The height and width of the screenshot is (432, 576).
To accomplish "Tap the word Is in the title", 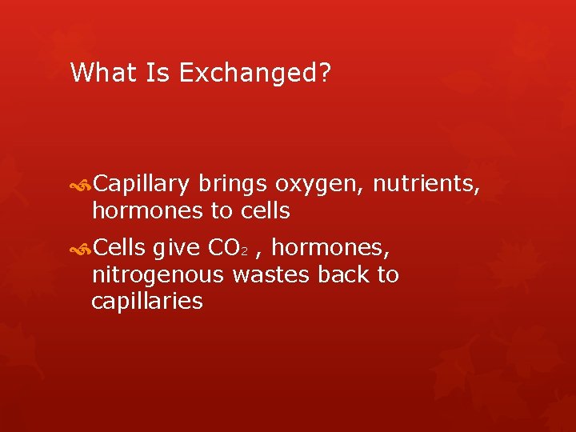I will click(x=158, y=73).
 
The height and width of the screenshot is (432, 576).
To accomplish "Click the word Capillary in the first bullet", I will click(x=142, y=185).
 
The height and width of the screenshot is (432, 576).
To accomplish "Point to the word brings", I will click(x=233, y=185).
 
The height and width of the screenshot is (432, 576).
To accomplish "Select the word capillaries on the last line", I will click(x=147, y=302).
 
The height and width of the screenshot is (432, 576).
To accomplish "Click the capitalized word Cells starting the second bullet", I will click(x=119, y=249).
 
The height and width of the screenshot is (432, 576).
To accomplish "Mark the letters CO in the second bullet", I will click(x=222, y=249).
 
